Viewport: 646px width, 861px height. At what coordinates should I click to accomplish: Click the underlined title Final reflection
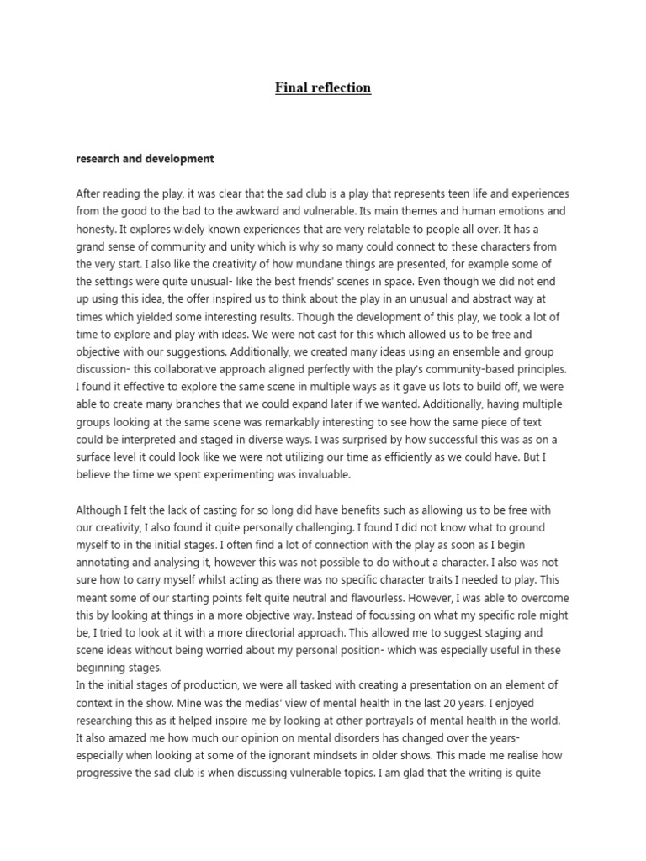[x=323, y=87]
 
